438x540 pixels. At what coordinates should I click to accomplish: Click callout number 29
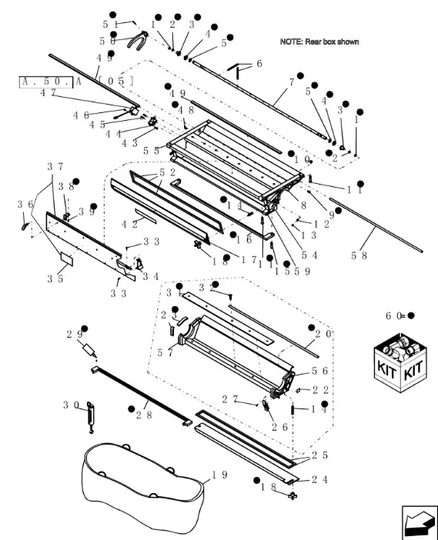pyautogui.click(x=75, y=334)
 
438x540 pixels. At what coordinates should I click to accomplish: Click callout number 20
pyautogui.click(x=323, y=334)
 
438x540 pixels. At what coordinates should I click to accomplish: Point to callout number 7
pyautogui.click(x=291, y=81)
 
